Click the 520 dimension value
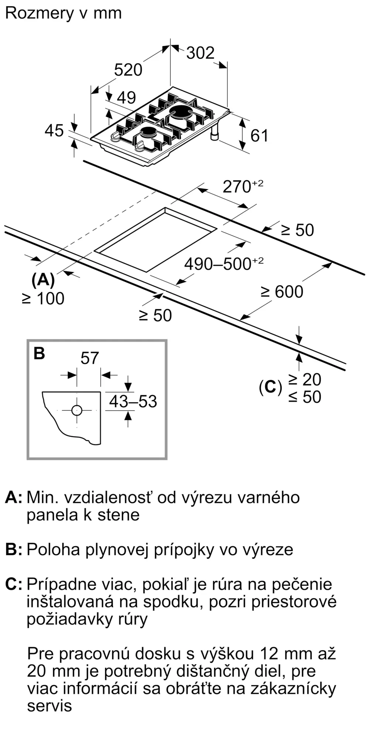(128, 70)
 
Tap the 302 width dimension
(200, 53)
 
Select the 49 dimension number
(127, 97)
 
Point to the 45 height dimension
(54, 131)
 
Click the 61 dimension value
(259, 136)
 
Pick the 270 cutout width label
(243, 186)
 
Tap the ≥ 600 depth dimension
(282, 292)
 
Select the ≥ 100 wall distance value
(44, 299)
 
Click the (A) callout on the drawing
(43, 280)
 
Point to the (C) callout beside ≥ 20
(270, 387)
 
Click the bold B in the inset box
(39, 353)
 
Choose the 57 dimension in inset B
(90, 358)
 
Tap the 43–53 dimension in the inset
(133, 401)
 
